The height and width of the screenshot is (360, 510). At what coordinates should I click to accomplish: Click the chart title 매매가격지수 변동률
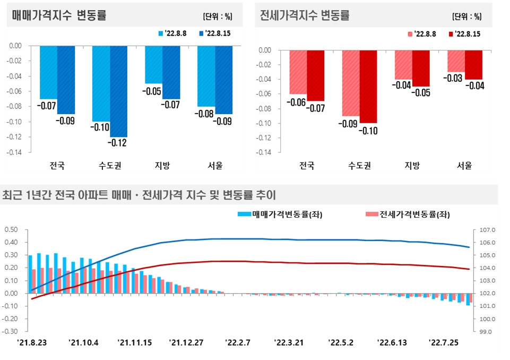[59, 15]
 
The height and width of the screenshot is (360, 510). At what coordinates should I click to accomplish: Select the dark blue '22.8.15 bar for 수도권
[118, 91]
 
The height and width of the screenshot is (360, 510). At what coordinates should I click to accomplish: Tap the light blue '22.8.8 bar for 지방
[153, 64]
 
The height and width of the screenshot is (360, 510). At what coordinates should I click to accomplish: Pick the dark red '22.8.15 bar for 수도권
[368, 87]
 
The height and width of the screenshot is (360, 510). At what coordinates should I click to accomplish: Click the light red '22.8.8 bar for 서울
[456, 61]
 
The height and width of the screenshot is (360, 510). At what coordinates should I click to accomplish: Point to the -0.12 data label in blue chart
[118, 143]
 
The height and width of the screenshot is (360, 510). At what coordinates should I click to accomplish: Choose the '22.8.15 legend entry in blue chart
[214, 33]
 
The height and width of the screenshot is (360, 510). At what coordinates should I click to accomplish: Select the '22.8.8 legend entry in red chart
[422, 34]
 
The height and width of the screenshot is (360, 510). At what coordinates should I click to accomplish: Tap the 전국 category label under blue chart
[57, 165]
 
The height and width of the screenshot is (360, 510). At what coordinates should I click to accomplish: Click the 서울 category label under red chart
[464, 165]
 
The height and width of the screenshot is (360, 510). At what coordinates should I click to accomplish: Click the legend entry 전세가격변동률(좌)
[408, 215]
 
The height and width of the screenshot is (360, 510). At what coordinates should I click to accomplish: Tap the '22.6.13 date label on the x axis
[392, 342]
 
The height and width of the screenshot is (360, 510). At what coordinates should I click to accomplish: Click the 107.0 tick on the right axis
[487, 230]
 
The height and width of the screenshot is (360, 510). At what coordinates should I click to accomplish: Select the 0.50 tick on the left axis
[11, 229]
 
